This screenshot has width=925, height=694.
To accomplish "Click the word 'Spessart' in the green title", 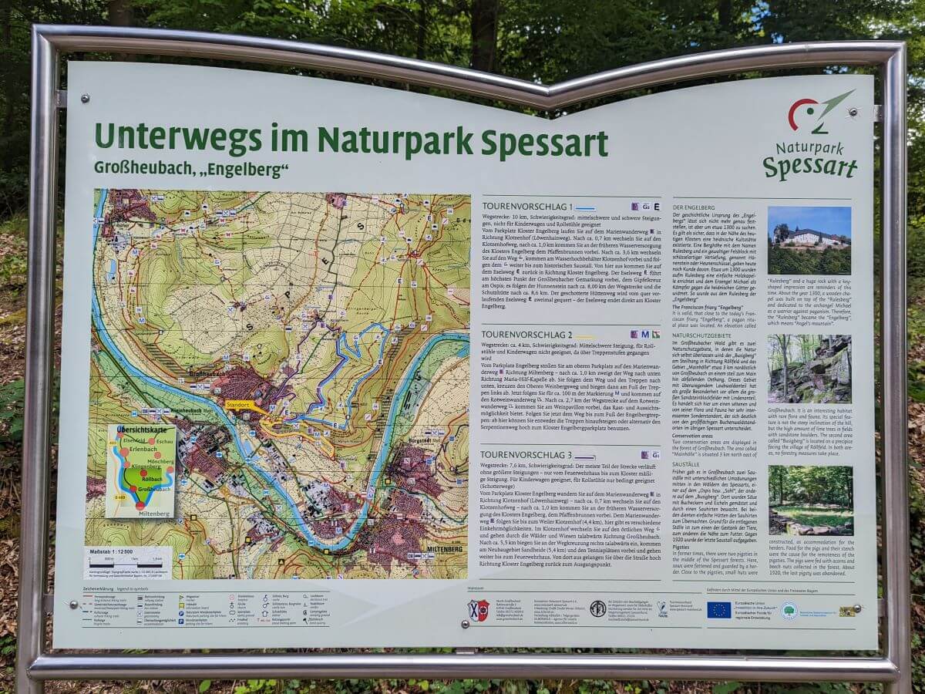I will pyautogui.click(x=544, y=142).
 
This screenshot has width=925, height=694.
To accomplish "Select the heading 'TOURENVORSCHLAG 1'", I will pyautogui.click(x=527, y=207).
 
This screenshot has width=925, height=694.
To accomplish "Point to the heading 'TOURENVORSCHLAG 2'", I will pyautogui.click(x=526, y=335).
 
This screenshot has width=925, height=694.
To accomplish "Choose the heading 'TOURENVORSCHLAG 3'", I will pyautogui.click(x=527, y=455).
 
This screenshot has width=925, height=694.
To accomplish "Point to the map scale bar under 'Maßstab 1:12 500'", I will pyautogui.click(x=127, y=564).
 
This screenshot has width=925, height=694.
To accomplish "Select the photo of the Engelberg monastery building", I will pyautogui.click(x=809, y=240).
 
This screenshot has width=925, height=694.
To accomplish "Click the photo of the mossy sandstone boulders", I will pyautogui.click(x=809, y=369).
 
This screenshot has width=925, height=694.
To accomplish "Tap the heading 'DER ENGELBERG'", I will pyautogui.click(x=698, y=208).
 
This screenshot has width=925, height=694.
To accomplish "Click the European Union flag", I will pyautogui.click(x=718, y=609).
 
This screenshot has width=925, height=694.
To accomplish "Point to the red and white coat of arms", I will pyautogui.click(x=478, y=610).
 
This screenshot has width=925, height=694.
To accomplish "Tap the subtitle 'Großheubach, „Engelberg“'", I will pyautogui.click(x=191, y=167).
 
